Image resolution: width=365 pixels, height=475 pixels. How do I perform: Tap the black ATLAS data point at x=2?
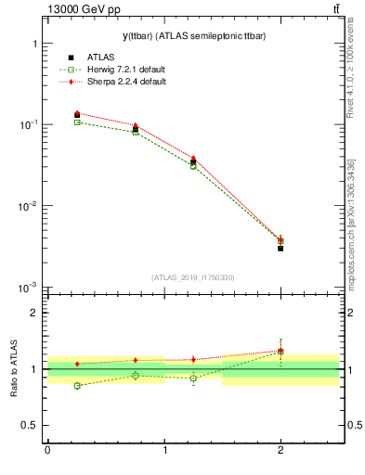(280, 248)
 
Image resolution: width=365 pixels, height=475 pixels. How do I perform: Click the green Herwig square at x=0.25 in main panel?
(77, 122)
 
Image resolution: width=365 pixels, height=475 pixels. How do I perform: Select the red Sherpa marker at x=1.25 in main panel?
(193, 159)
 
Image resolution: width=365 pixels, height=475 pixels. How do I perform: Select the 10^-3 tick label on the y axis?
(30, 288)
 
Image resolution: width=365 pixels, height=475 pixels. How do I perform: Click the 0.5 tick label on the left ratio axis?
(29, 425)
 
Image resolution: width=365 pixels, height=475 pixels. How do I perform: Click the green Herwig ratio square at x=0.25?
(77, 385)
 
